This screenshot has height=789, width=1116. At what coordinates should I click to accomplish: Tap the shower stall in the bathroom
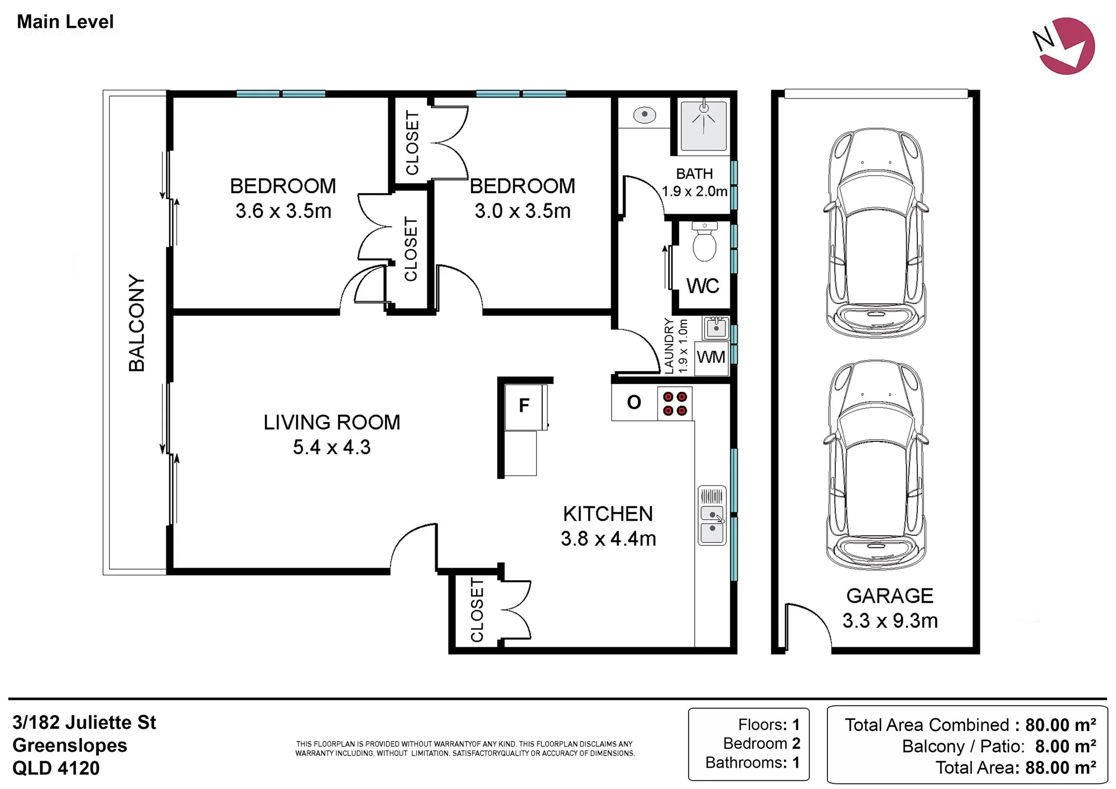(x=704, y=126)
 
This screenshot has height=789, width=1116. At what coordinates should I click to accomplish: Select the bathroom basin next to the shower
(x=644, y=115)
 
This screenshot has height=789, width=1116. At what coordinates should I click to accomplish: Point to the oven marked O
(x=634, y=403)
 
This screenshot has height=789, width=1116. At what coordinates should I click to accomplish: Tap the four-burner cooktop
(x=675, y=403)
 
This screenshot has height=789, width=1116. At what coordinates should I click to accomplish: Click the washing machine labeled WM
(x=711, y=357)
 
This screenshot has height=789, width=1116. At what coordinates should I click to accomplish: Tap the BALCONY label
(x=137, y=323)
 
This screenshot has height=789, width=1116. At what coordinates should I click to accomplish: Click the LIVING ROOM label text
(x=332, y=422)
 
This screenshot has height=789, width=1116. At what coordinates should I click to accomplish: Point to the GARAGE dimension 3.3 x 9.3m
(x=890, y=620)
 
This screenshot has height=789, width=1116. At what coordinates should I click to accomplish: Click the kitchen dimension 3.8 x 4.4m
(x=608, y=538)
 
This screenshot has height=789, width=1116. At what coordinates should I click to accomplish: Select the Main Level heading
(x=65, y=22)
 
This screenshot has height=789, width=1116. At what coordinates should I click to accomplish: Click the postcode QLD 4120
(x=56, y=768)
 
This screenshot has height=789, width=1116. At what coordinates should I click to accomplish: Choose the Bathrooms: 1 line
(x=753, y=763)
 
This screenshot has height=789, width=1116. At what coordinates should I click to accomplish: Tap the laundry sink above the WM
(x=716, y=328)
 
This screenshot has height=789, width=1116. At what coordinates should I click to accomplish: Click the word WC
(x=703, y=286)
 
